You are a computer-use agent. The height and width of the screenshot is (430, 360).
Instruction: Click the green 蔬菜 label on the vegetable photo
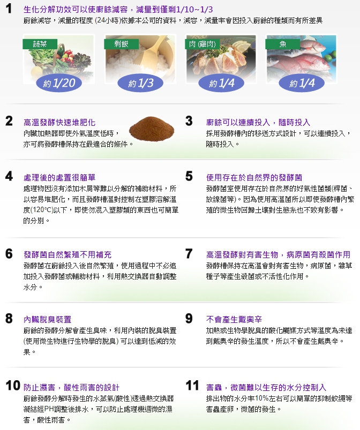pyautogui.click(x=40, y=44)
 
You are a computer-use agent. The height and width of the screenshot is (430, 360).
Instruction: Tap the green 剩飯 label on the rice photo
pyautogui.click(x=121, y=44)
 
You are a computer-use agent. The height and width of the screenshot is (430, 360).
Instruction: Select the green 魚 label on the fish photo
pyautogui.click(x=283, y=44)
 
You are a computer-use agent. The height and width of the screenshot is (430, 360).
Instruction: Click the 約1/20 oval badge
pyautogui.click(x=59, y=83)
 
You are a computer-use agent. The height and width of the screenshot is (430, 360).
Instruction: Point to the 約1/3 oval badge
pyautogui.click(x=140, y=83)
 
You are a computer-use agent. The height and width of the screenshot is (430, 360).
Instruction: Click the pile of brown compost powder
pyautogui.click(x=152, y=129)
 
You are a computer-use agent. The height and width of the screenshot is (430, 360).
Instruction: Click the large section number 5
pyautogui.click(x=189, y=176)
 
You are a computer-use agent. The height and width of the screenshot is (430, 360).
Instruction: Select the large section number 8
pyautogui.click(x=9, y=319)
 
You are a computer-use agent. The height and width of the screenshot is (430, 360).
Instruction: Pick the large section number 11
pyautogui.click(x=192, y=386)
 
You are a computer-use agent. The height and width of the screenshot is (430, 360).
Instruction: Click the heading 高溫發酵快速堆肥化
pyautogui.click(x=59, y=123)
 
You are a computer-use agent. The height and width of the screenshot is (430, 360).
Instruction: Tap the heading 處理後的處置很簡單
pyautogui.click(x=59, y=178)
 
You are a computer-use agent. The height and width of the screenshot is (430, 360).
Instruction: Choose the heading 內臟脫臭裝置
pyautogui.click(x=48, y=320)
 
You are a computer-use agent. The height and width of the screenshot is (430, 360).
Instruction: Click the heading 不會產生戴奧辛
pyautogui.click(x=234, y=320)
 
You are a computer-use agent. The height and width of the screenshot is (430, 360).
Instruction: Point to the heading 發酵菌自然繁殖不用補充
pyautogui.click(x=67, y=255)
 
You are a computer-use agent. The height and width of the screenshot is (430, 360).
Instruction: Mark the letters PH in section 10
pyautogui.click(x=49, y=409)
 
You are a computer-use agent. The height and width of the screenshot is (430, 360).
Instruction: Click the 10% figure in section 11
pyautogui.click(x=261, y=398)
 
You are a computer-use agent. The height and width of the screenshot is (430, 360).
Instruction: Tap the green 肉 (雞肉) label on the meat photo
pyautogui.click(x=202, y=44)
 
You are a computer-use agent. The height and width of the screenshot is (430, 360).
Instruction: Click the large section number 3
pyautogui.click(x=189, y=121)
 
